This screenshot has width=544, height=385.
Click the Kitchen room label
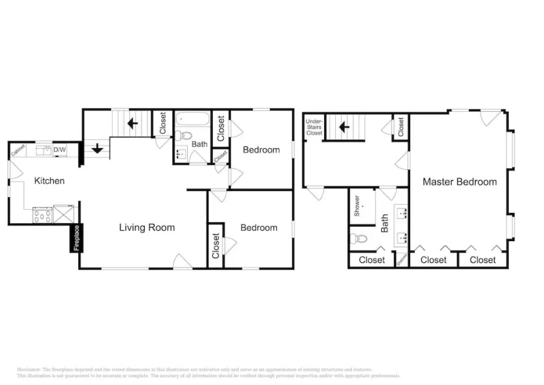click(49, 181)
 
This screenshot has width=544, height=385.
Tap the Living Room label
click(147, 227)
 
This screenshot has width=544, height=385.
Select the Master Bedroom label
click(459, 182)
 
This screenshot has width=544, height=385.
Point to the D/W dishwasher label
click(60, 150)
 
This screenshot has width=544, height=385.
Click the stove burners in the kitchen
click(42, 214)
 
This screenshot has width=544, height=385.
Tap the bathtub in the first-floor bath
click(192, 119)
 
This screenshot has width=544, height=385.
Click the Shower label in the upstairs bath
click(357, 205)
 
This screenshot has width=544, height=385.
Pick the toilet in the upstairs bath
click(359, 239)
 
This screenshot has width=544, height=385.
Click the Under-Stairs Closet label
click(314, 126)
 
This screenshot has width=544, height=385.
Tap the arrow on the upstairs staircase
click(344, 126)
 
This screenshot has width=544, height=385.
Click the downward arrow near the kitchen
click(97, 148)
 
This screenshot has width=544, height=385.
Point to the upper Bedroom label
click(261, 150)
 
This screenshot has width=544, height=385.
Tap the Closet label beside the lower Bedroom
click(216, 245)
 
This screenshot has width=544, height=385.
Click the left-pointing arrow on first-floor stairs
click(133, 122)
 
